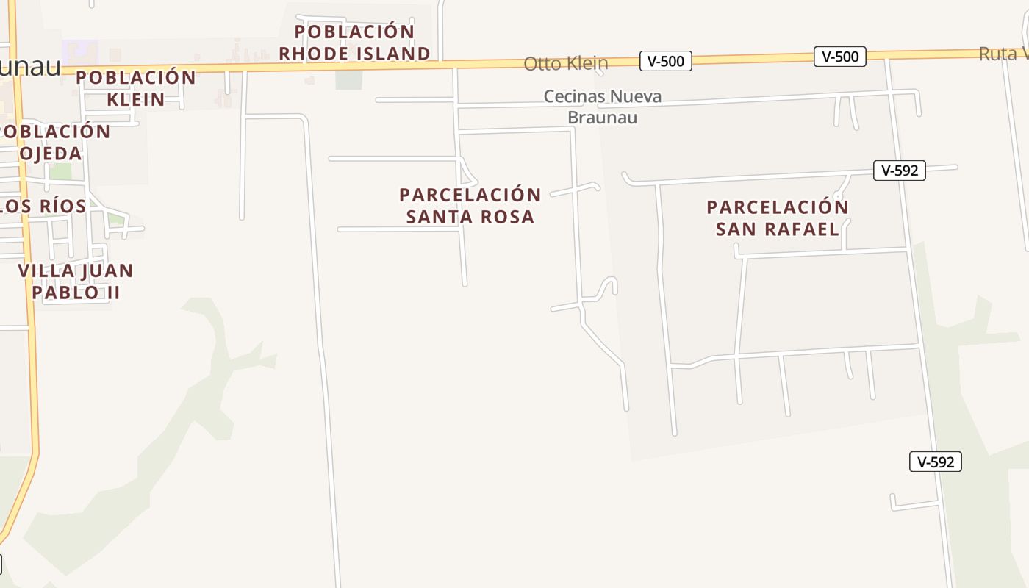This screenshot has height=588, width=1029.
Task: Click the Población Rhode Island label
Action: [354, 43]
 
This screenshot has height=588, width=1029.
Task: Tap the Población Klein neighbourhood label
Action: [136, 88]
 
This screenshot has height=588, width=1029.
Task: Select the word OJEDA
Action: [50, 154]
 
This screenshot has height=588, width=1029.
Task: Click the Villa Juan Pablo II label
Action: [76, 282]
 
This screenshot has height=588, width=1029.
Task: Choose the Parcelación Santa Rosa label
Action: [470, 206]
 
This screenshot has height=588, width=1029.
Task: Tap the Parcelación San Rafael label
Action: [778, 218]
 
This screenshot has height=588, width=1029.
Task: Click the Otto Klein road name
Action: [565, 64]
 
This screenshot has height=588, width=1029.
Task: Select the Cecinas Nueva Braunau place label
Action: [603, 107]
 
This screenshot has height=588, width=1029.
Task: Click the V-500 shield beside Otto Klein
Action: [666, 61]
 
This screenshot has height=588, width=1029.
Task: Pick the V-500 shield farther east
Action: [840, 57]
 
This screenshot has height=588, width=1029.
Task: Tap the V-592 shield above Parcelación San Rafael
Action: [900, 171]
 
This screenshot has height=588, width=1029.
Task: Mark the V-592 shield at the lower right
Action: [936, 462]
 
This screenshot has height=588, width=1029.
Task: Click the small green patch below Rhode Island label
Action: [349, 79]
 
